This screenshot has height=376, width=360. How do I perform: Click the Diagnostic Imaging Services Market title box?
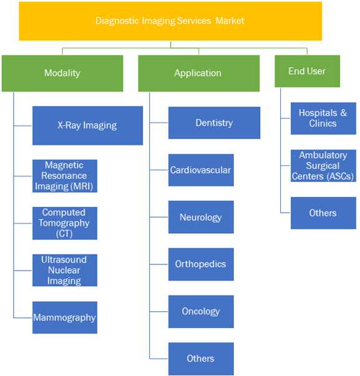(170, 21)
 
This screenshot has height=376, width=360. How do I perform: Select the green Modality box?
(62, 74)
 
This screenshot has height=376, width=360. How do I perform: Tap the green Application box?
(199, 74)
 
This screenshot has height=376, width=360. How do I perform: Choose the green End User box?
(307, 71)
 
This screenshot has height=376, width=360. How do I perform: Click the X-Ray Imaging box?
(87, 126)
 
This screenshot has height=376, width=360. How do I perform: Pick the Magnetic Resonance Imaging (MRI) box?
(65, 176)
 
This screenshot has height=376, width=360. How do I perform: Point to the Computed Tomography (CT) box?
(65, 223)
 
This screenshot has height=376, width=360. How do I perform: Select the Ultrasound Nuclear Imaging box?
(65, 270)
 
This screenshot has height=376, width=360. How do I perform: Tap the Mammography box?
(65, 317)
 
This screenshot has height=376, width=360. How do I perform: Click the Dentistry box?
(215, 123)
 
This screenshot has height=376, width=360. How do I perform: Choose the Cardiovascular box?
(201, 170)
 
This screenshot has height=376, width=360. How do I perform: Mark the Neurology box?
(201, 217)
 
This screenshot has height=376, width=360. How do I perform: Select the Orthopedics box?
(201, 264)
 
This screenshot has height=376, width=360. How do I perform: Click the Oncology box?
(201, 312)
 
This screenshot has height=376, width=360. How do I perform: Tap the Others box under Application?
(201, 359)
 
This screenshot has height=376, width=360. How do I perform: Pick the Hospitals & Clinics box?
(323, 118)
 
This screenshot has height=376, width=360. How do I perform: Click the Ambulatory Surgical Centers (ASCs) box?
(323, 166)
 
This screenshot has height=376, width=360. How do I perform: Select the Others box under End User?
(323, 213)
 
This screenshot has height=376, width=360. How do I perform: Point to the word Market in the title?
(230, 21)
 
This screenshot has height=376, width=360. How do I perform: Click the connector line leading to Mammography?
(22, 318)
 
